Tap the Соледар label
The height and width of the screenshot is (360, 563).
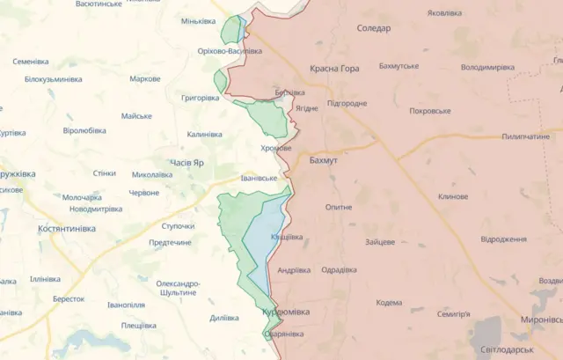(x=374, y=28)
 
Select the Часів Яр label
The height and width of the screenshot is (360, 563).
(x=186, y=163)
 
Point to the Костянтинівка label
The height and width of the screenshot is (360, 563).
(x=67, y=228)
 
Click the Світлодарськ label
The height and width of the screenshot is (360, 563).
(x=508, y=349)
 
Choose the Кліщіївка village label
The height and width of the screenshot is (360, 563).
(x=287, y=237)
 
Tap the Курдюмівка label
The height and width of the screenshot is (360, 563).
(x=286, y=312)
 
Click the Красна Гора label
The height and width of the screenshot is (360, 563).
(x=334, y=68)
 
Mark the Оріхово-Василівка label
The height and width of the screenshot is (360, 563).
(x=230, y=51)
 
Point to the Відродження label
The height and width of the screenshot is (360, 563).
(x=504, y=239)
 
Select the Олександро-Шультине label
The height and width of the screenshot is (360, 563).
(x=178, y=289)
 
